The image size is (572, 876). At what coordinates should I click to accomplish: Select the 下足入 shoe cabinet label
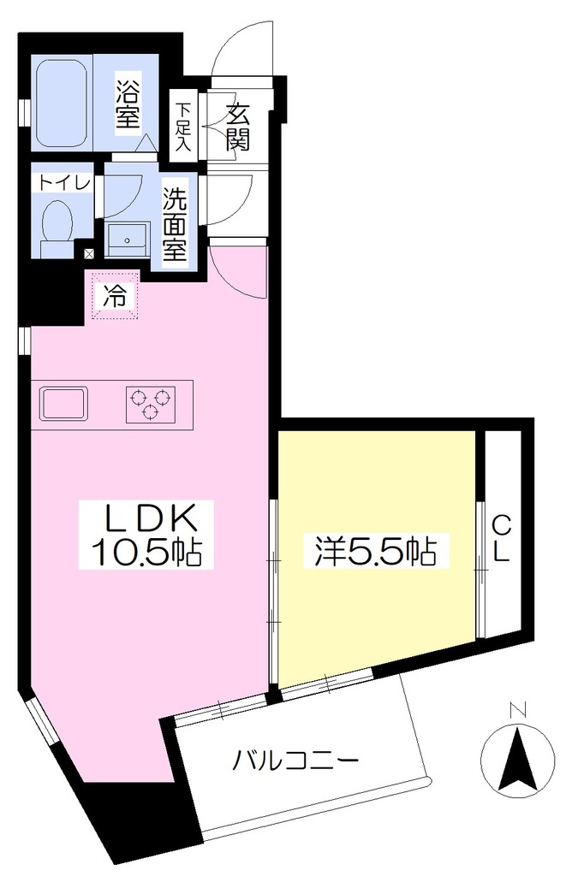[x=182, y=127]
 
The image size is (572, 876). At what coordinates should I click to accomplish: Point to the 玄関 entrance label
[x=238, y=127]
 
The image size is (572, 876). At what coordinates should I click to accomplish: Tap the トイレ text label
[x=64, y=183]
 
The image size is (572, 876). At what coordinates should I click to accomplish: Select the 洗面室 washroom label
[x=175, y=223]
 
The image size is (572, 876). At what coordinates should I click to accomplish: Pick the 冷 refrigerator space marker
[x=114, y=297]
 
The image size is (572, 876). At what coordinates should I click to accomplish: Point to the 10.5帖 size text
[x=146, y=552]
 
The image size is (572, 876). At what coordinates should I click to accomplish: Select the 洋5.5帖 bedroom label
[x=374, y=551]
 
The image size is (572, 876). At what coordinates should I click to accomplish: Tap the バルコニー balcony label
[x=295, y=761]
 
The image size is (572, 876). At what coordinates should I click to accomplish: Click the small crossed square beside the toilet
[x=89, y=253]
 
